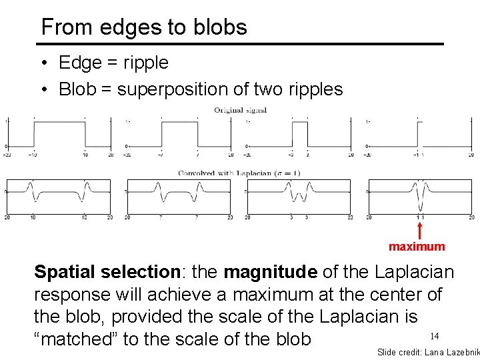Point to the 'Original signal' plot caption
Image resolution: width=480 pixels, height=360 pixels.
click(x=240, y=110)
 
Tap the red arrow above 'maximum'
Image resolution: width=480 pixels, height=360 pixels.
click(x=420, y=230)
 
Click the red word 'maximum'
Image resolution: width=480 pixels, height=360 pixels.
click(x=417, y=247)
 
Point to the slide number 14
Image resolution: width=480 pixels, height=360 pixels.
click(x=434, y=336)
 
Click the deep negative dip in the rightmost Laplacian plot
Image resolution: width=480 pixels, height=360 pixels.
click(x=420, y=208)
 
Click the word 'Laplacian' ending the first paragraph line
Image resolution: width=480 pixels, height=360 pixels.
click(x=414, y=272)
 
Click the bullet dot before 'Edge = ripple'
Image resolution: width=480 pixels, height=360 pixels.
click(x=42, y=64)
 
